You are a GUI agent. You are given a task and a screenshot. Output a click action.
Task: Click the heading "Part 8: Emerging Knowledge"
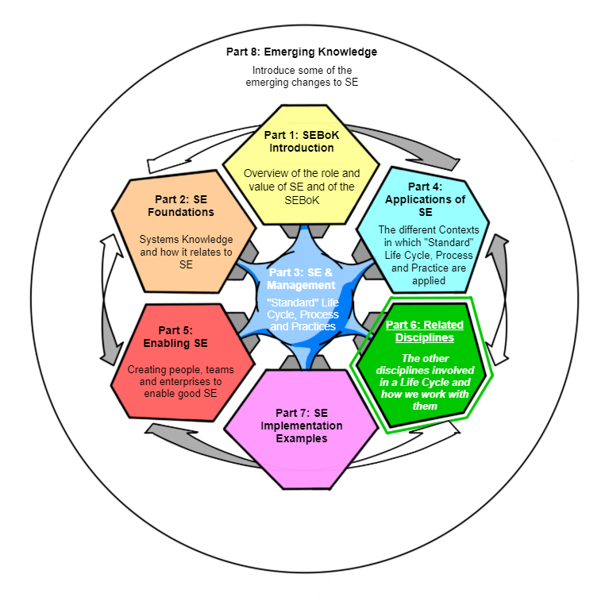click(x=301, y=52)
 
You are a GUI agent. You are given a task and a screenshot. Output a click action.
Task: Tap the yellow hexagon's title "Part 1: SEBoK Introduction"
click(x=301, y=141)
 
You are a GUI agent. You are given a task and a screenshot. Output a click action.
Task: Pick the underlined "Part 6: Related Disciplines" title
click(x=424, y=331)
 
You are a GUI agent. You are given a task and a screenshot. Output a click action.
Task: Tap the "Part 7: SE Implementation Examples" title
click(x=302, y=426)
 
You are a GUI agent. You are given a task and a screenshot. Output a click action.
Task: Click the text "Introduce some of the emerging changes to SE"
click(x=301, y=76)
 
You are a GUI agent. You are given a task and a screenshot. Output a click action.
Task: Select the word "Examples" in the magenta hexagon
click(x=302, y=438)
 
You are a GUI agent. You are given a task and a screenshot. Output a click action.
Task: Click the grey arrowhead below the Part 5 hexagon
click(x=153, y=431)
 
